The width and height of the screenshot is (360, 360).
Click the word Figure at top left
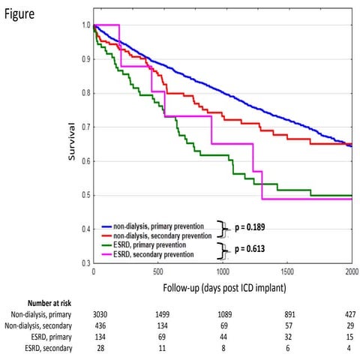[19, 14]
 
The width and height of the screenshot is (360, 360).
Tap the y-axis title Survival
[72, 142]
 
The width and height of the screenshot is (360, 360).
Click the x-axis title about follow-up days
[224, 288]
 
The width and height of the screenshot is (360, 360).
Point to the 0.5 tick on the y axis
[85, 195]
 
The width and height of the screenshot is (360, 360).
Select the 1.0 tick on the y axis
[85, 25]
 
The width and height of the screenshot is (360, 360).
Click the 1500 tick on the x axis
[287, 271]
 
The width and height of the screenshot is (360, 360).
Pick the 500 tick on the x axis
[158, 271]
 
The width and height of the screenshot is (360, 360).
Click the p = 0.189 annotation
[250, 227]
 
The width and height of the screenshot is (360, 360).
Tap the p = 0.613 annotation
[250, 249]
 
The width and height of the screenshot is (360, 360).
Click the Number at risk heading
[49, 303]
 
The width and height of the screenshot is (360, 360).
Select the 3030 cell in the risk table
[100, 314]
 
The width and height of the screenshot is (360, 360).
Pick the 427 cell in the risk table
[350, 314]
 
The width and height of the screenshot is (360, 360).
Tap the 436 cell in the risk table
[100, 325]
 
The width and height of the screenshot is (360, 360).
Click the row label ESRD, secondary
[49, 348]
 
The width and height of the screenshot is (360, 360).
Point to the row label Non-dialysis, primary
[41, 314]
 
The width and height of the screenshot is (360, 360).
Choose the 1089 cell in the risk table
[225, 314]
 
